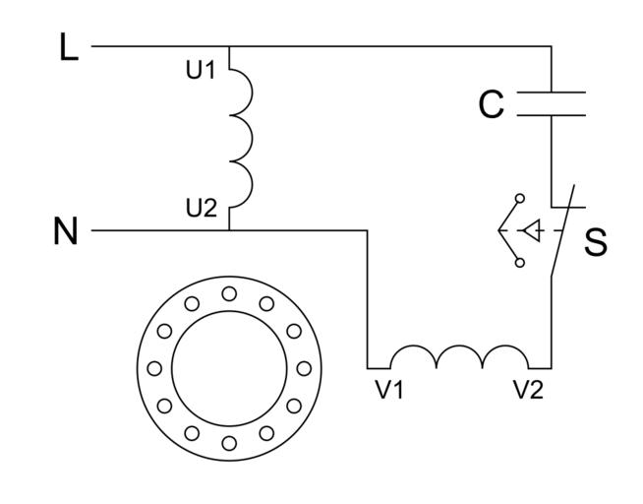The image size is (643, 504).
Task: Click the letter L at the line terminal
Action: point(68,48)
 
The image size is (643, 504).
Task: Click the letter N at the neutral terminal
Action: point(65,231)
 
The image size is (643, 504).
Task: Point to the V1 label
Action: point(389,389)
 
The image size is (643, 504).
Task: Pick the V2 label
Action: point(527,389)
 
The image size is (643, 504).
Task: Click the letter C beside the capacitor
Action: point(492,105)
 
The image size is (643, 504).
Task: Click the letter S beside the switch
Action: point(595,243)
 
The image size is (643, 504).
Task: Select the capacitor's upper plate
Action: point(551,94)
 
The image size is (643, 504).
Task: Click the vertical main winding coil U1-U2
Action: point(242,138)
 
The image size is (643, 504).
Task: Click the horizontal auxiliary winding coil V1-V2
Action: point(460,356)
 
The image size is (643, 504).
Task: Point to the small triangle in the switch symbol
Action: point(531,231)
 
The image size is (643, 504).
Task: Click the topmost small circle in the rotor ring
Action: point(229,292)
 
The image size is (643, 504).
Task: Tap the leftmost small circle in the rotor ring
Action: point(153,368)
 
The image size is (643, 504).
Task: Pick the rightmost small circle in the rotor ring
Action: point(304,368)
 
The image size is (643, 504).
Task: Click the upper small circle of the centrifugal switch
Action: point(520,199)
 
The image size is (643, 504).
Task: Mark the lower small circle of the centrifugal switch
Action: point(520,263)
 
